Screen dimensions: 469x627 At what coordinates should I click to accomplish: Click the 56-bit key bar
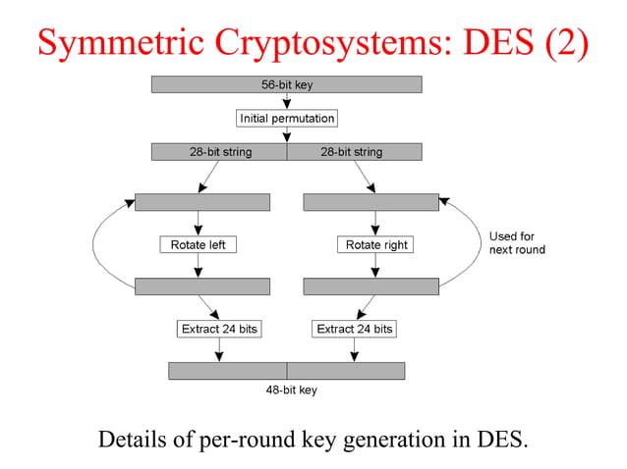coord(286,85)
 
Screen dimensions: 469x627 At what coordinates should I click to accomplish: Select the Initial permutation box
coord(287,119)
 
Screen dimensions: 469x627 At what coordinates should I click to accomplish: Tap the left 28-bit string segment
coord(219,152)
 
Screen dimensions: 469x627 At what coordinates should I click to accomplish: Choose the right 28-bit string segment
coord(353,152)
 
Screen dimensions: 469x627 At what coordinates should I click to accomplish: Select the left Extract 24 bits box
coord(219,329)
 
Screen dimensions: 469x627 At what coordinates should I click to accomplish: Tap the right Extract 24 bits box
coord(354,329)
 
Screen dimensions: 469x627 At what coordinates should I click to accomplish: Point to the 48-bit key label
coord(291,390)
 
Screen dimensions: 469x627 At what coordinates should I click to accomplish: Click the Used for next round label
coord(516,243)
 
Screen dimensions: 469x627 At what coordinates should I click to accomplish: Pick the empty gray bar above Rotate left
coord(201,202)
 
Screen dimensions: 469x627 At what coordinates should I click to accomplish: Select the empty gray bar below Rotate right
coord(370,287)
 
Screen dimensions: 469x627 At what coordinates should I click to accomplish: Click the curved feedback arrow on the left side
coord(94,245)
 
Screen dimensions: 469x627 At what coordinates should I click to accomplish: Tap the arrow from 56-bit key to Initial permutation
coord(286,101)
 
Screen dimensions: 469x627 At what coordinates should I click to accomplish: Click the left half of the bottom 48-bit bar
coord(227,371)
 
